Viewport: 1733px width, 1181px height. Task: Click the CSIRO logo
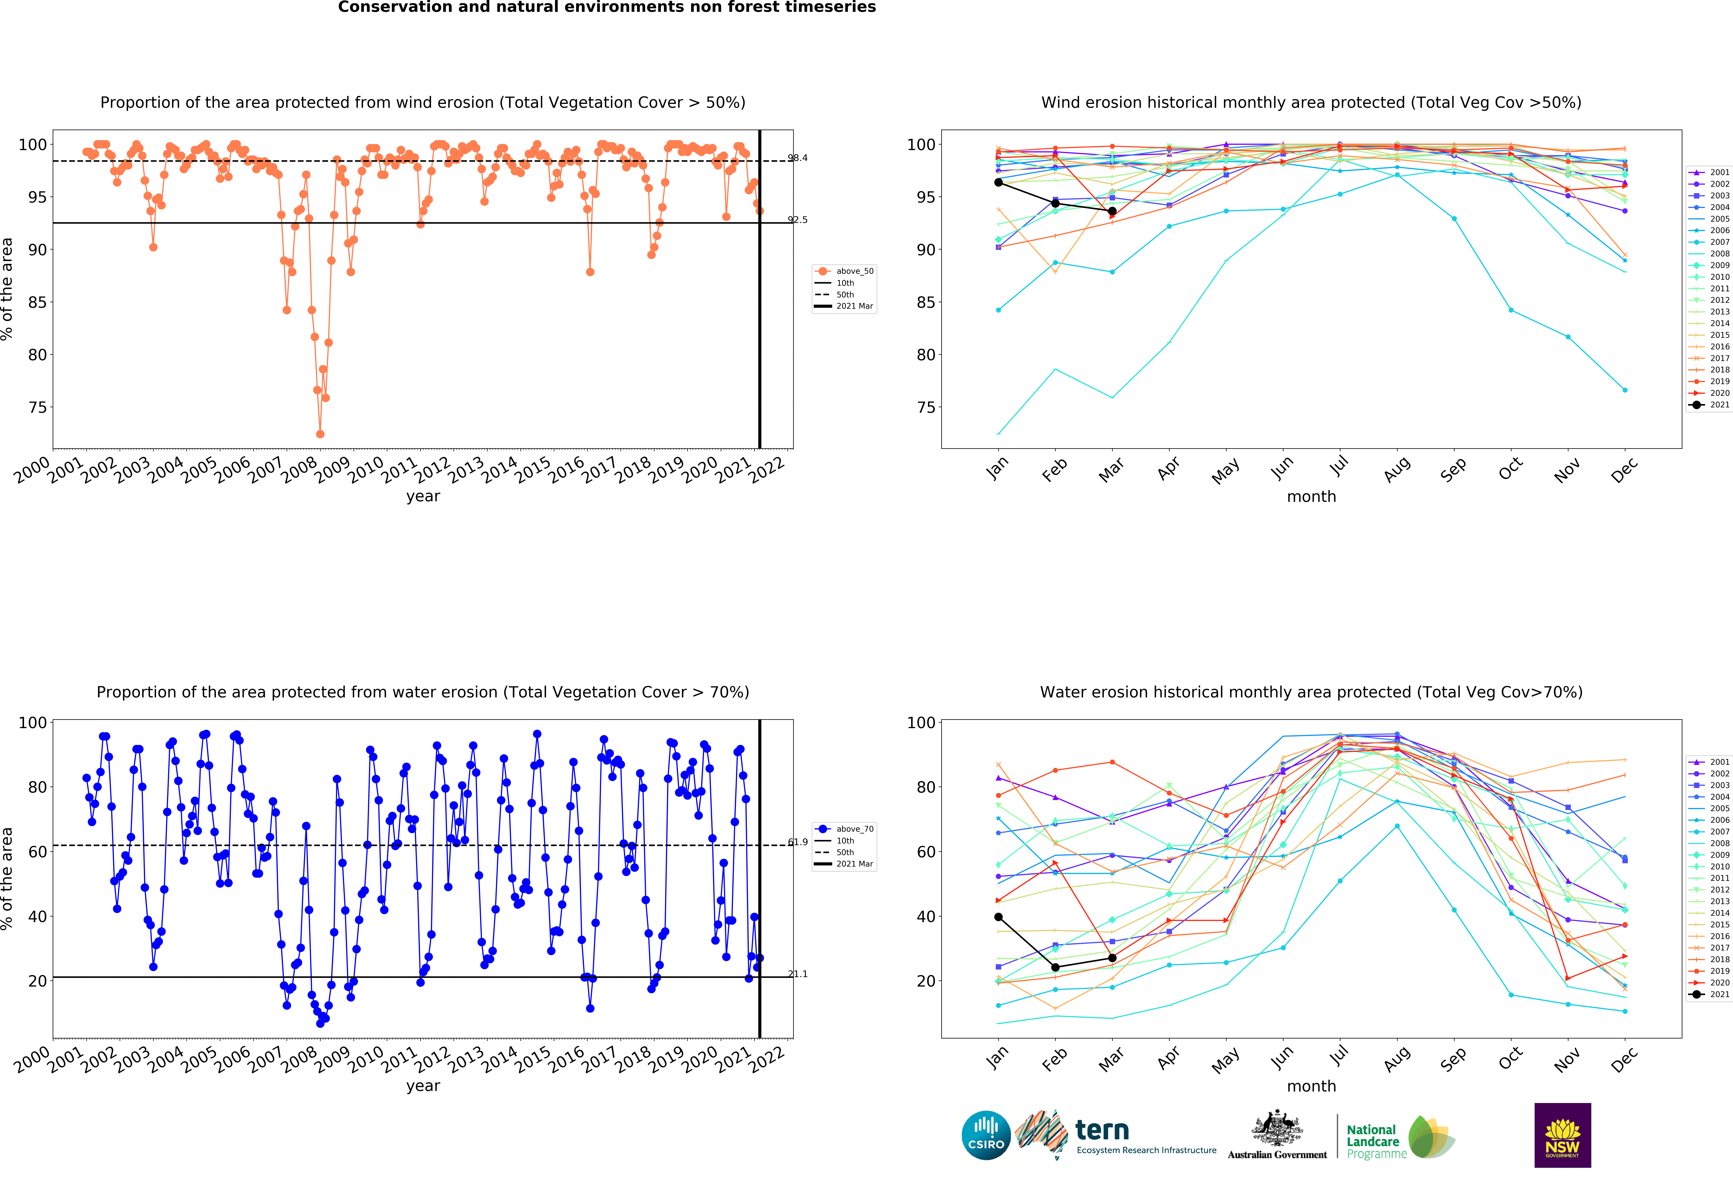pos(986,1135)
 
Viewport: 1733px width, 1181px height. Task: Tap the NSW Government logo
pos(1562,1135)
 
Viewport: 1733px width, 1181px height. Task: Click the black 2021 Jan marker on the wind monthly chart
pos(998,182)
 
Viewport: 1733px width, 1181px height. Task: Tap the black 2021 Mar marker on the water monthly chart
pos(1112,958)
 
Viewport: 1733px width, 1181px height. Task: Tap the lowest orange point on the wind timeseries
pos(320,434)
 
